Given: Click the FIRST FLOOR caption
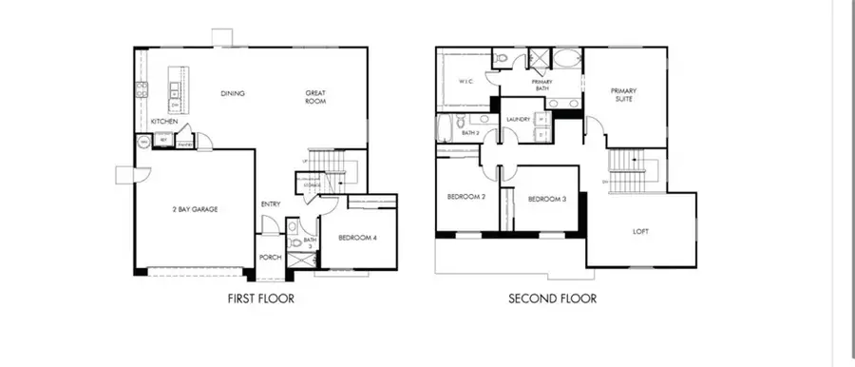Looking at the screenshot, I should (x=260, y=299).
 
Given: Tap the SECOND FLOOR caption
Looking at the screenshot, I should (x=552, y=299).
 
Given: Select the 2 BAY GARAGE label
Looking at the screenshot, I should (x=196, y=208).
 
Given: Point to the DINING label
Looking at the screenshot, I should (x=233, y=93).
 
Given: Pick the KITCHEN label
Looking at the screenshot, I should (x=163, y=123).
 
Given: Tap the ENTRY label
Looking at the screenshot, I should (x=270, y=204).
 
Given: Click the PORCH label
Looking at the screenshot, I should (x=270, y=258).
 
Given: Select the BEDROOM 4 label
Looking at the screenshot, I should (x=357, y=238).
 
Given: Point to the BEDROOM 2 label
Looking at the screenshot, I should (x=466, y=198).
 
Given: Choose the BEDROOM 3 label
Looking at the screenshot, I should (x=547, y=199).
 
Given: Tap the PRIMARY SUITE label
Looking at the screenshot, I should (x=623, y=94).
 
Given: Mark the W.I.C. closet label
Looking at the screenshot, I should (x=465, y=81).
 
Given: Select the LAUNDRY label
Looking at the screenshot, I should (x=518, y=119).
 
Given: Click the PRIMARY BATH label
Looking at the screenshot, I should (x=542, y=85).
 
